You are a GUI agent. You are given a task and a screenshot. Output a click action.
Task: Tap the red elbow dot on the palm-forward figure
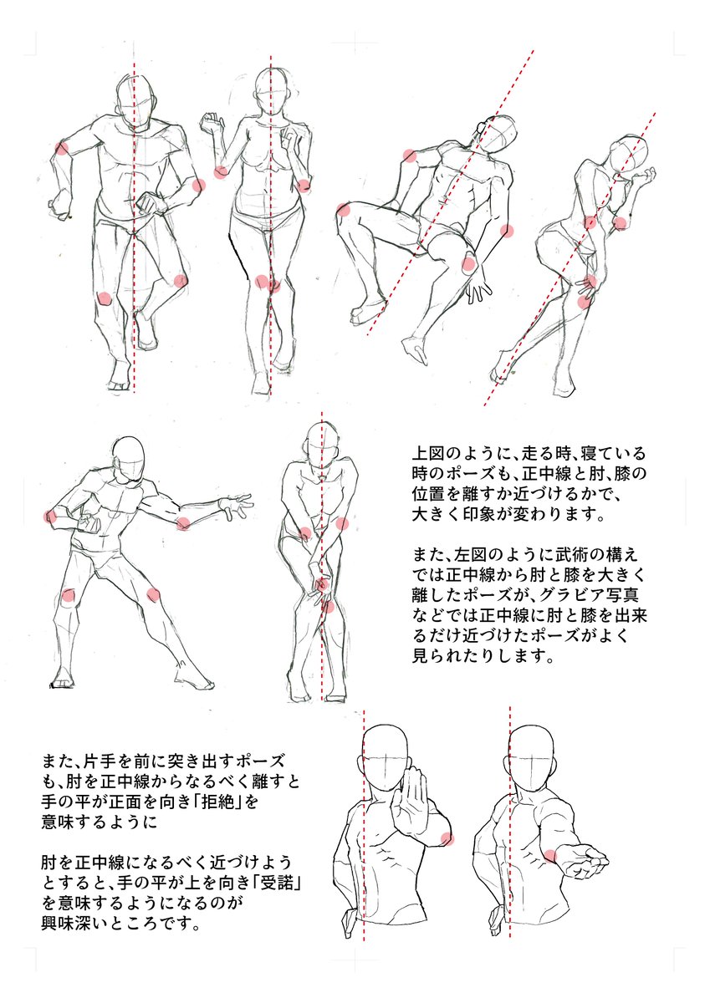tap(447, 838)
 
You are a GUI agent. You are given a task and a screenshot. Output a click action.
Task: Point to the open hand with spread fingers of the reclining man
tap(478, 286)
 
